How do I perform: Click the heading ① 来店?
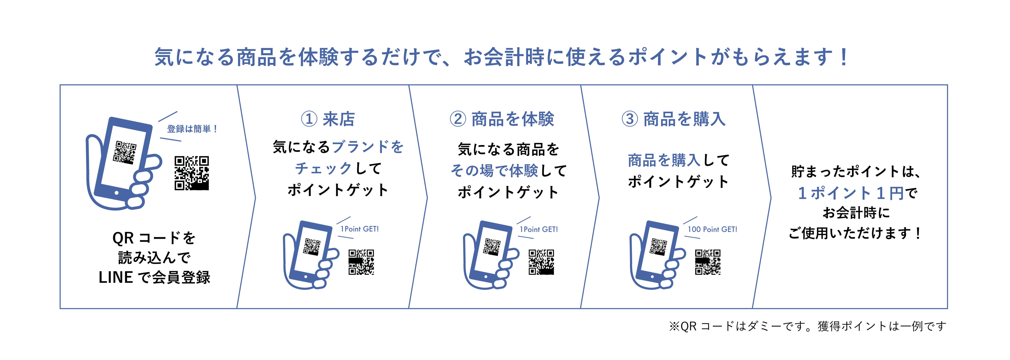[x=328, y=119]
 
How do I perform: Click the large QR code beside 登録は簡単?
[x=192, y=173]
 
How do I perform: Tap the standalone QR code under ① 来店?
[x=361, y=262]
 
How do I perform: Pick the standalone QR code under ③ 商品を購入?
[x=708, y=262]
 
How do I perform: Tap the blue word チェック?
[x=323, y=169]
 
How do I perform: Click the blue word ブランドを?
[x=367, y=147]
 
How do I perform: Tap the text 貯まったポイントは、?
[x=855, y=172]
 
